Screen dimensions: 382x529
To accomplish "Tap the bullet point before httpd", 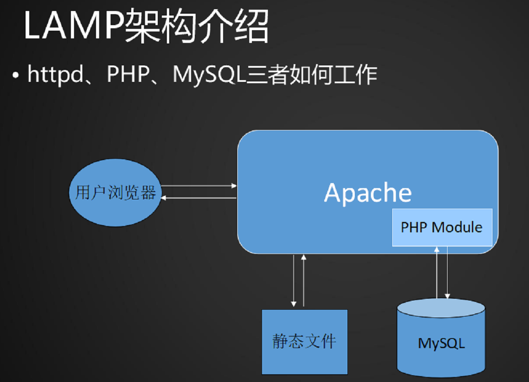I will click(x=16, y=75).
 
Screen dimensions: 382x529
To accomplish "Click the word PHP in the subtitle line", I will click(x=126, y=75).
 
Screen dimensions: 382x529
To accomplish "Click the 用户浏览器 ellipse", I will click(x=115, y=193).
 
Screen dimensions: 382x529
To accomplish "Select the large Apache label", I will click(x=368, y=193).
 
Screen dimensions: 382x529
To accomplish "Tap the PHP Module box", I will click(x=442, y=227).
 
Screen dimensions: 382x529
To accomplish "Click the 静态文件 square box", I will click(x=305, y=341).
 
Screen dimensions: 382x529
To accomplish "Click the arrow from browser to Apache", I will click(x=199, y=186).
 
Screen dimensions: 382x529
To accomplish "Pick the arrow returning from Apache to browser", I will click(x=199, y=198).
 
